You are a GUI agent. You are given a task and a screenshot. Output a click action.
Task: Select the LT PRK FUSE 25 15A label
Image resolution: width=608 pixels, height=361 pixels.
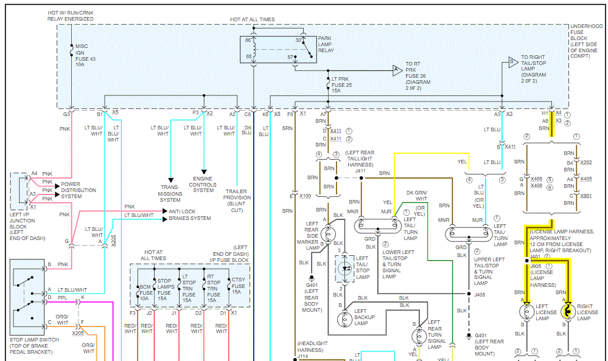pos(341,84)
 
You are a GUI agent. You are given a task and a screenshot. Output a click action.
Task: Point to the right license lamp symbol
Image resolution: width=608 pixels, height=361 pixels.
pos(567,312)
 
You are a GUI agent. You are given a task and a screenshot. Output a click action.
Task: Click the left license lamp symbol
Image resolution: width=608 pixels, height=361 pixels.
pos(526,312)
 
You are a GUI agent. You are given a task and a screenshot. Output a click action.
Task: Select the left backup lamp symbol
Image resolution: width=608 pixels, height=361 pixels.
pos(346,317)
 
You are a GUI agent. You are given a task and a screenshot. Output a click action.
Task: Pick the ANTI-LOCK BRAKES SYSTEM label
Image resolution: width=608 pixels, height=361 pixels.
pos(190,215)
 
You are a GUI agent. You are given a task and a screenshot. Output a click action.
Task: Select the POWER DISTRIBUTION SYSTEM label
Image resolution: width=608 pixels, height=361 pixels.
pos(79,190)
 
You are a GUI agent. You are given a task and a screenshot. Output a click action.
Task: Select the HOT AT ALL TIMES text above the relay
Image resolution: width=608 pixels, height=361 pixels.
pos(252,19)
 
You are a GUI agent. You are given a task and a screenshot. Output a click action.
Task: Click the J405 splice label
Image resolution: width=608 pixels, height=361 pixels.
pos(480,295)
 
